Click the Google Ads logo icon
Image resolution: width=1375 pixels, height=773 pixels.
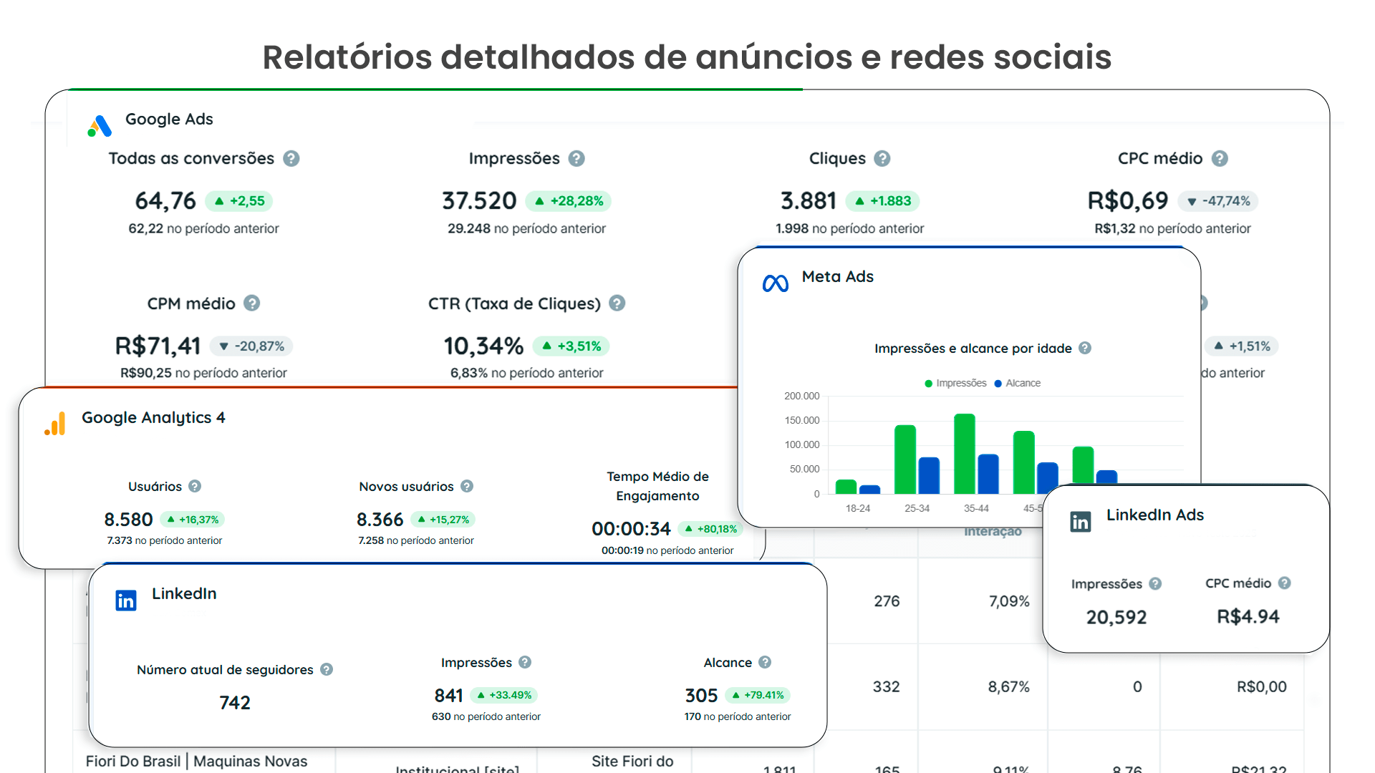point(100,126)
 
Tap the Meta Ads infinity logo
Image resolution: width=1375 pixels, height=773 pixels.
point(776,283)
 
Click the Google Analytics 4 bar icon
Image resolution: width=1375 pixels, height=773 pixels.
point(55,424)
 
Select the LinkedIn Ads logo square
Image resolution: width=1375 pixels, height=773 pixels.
point(1080,522)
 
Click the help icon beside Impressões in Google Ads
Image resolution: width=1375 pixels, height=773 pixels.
point(576,159)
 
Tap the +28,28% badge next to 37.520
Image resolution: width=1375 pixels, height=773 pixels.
point(569,201)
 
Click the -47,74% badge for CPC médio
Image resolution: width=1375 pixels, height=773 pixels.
point(1218,201)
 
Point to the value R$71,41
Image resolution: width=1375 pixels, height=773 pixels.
point(158,346)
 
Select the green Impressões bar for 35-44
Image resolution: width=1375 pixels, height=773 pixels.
point(965,453)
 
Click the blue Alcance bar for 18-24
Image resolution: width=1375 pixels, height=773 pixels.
point(869,490)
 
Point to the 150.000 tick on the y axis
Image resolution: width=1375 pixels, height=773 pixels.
point(801,420)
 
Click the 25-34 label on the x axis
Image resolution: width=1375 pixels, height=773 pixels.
point(917,508)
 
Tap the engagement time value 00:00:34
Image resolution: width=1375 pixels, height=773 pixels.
point(631,529)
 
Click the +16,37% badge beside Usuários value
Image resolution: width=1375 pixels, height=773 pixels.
point(193,520)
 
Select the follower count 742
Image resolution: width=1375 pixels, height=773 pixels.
point(235,703)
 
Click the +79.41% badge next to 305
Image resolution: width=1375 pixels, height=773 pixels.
point(758,695)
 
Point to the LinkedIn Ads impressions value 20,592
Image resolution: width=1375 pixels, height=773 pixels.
point(1116,617)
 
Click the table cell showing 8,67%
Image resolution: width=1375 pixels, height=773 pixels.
point(1008,687)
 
